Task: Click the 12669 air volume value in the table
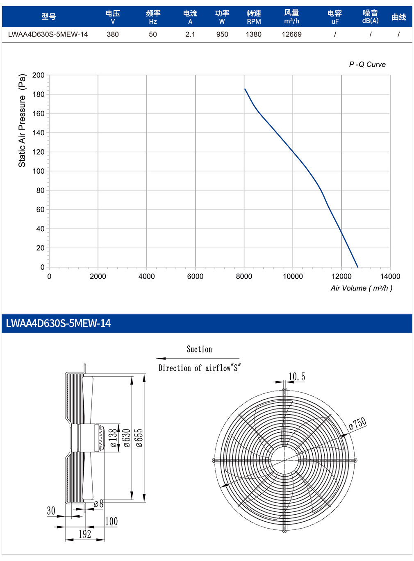(x=291, y=34)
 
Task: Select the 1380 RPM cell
(x=254, y=34)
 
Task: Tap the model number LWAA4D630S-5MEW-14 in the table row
(x=48, y=34)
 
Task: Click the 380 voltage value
(x=113, y=34)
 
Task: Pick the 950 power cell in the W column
(x=222, y=34)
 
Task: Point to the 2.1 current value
(x=190, y=34)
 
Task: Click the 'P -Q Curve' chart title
(x=367, y=64)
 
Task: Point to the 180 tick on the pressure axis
(x=39, y=94)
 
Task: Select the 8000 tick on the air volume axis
(x=244, y=276)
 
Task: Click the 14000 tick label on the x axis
(x=390, y=276)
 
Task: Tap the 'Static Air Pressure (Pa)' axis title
(x=22, y=120)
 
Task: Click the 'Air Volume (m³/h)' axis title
(x=362, y=288)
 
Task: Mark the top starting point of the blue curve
(x=245, y=89)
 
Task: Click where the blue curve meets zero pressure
(x=357, y=267)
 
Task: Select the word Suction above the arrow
(x=199, y=349)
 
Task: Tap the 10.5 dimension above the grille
(x=297, y=376)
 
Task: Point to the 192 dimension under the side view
(x=84, y=534)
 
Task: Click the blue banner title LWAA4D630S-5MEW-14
(x=58, y=323)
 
